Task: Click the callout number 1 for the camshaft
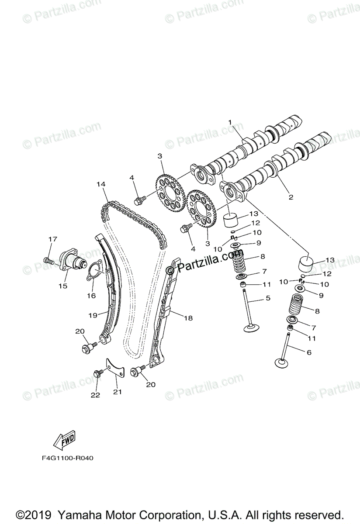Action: (230, 122)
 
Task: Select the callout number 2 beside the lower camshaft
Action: (291, 197)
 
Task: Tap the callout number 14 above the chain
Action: (101, 185)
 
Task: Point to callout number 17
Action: (53, 239)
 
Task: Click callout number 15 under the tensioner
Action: (63, 286)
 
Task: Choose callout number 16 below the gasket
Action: (91, 296)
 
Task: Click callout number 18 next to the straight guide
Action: (188, 318)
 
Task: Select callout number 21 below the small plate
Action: (117, 392)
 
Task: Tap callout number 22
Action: (95, 395)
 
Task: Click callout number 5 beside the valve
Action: (268, 298)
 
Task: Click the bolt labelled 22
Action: (97, 374)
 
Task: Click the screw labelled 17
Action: (48, 261)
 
